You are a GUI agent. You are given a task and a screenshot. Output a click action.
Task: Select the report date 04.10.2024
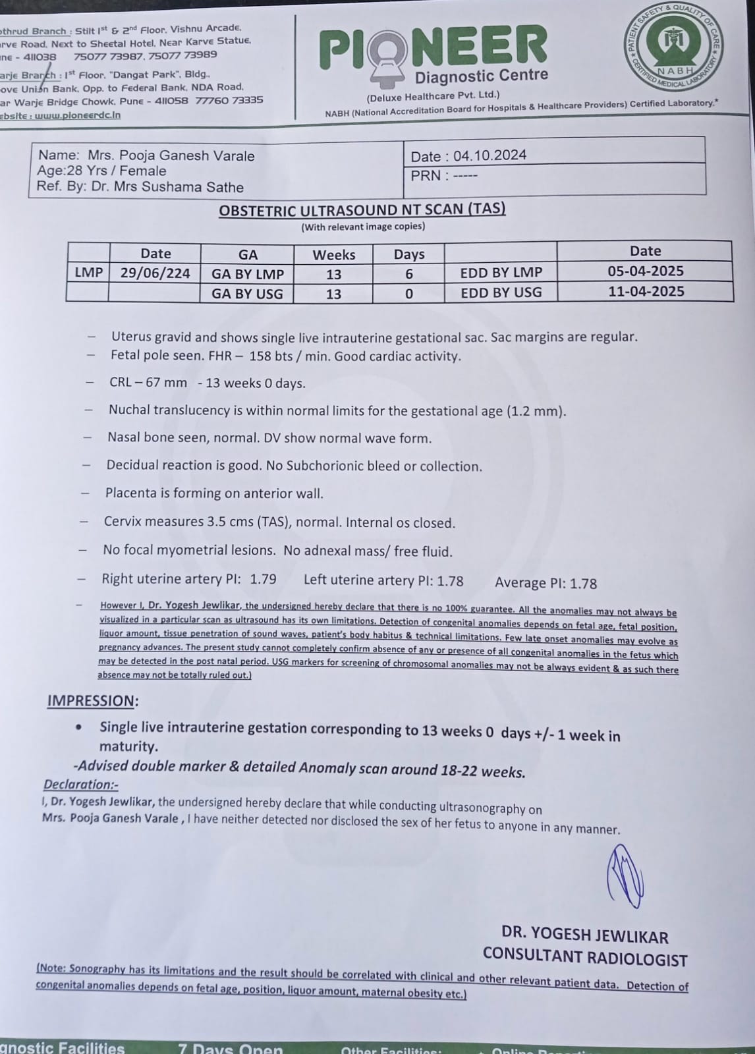tap(489, 155)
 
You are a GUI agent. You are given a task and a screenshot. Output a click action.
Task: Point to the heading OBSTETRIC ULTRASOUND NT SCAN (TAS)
tap(362, 210)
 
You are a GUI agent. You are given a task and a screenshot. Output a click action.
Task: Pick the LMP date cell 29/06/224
tap(155, 273)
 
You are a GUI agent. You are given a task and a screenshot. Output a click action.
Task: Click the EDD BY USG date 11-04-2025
tap(646, 291)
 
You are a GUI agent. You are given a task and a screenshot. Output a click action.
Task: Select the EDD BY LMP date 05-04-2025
tap(646, 271)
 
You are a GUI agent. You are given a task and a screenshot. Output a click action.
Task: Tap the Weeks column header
tap(333, 255)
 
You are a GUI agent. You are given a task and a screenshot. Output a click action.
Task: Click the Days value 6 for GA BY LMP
tap(409, 274)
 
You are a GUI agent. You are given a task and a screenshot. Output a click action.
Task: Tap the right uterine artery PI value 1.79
tap(263, 579)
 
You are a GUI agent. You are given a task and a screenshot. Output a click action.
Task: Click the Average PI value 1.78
tap(583, 584)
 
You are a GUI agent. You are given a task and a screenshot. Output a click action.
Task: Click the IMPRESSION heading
tap(92, 701)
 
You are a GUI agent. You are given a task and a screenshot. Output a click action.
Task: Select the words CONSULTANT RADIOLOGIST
tap(585, 957)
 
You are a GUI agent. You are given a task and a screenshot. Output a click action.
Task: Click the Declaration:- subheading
tap(80, 785)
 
